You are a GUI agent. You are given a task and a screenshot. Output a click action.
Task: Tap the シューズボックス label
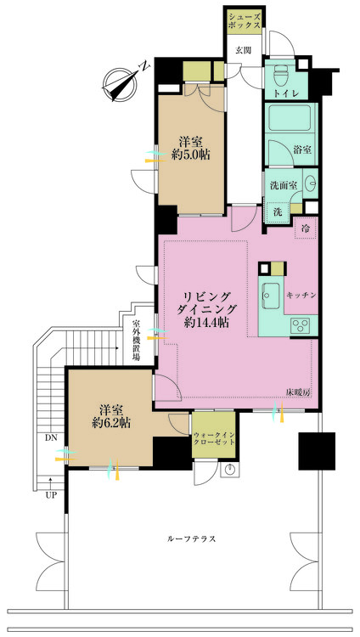245,20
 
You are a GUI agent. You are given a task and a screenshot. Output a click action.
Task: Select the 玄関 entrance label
244,50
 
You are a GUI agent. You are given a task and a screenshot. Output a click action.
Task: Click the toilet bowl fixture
280,74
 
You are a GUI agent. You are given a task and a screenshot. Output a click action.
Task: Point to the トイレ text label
286,93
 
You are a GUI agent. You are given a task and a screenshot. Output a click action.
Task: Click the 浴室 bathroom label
302,149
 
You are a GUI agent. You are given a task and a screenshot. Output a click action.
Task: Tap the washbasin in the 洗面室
310,183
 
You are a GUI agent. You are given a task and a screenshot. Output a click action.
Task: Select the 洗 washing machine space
277,212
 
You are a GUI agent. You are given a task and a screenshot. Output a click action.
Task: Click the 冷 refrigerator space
306,228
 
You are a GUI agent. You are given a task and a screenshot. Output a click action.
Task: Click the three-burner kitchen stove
303,326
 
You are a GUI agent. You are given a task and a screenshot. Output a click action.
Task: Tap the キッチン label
301,296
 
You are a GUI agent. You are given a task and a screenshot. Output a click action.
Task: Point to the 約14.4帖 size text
206,323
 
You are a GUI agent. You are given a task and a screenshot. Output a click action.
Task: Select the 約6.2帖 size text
111,422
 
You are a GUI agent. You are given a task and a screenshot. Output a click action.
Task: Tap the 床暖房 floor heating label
298,393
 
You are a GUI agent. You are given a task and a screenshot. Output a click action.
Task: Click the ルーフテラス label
191,539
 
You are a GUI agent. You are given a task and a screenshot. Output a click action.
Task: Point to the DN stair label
51,437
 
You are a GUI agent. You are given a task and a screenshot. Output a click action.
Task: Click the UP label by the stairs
51,495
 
